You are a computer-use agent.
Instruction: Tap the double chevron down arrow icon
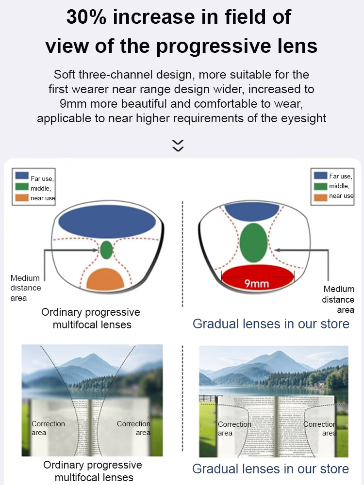click(178, 145)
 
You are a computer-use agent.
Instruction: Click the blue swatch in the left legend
click(22, 176)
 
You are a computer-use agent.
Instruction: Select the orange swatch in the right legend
click(320, 197)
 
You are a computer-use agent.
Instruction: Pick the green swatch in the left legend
click(22, 187)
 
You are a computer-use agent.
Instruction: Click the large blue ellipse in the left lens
click(107, 222)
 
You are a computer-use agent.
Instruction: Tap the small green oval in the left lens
click(107, 250)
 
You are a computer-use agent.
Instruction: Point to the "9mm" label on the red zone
click(256, 284)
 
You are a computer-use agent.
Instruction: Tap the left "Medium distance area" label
click(26, 288)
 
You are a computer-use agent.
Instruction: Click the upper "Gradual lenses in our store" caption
click(271, 323)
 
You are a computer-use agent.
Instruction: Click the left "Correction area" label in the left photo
click(48, 428)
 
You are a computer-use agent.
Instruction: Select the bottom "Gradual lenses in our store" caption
click(270, 469)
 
